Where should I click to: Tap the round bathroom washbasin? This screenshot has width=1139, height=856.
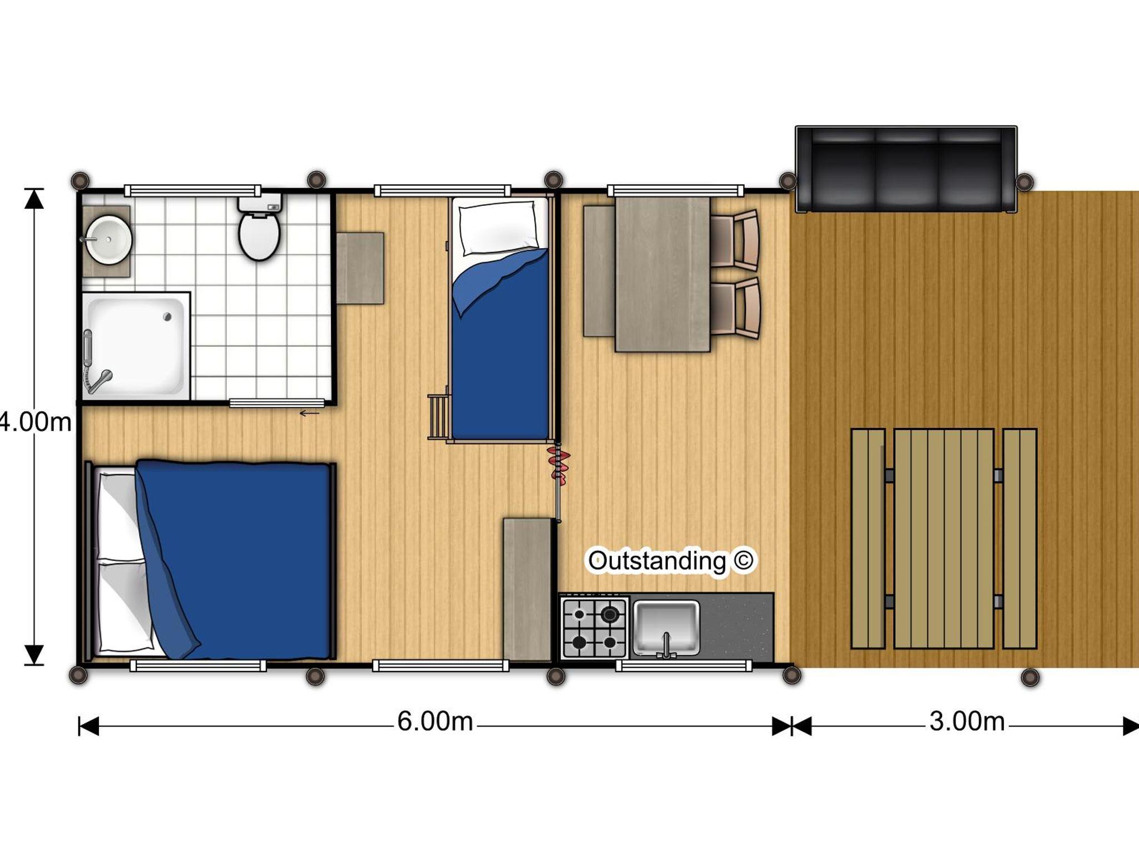[x=108, y=240]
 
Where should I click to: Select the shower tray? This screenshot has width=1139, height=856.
[x=136, y=346]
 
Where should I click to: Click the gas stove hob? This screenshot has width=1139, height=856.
[x=595, y=628]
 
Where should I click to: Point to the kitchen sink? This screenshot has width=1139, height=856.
[x=666, y=628]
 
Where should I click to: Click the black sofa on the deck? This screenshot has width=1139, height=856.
[x=907, y=169]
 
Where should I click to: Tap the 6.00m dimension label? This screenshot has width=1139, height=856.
[x=435, y=721]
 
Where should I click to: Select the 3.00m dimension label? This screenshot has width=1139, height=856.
[x=967, y=721]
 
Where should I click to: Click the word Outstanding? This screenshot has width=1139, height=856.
[x=657, y=561]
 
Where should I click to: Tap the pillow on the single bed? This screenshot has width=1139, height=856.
[x=498, y=227]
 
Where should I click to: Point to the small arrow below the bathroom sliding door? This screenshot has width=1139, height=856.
[x=310, y=413]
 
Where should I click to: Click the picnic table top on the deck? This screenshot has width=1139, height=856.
[x=944, y=539]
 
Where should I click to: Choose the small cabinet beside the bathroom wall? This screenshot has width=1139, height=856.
[x=360, y=268]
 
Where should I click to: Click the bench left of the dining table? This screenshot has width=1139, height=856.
[x=599, y=271]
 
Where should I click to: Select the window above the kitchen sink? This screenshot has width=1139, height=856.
[x=684, y=665]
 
